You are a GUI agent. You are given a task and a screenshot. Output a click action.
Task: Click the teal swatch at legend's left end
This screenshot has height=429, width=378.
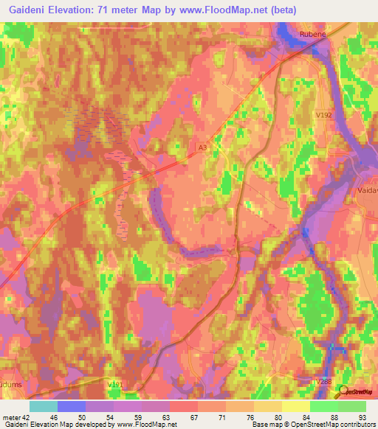[44, 406]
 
